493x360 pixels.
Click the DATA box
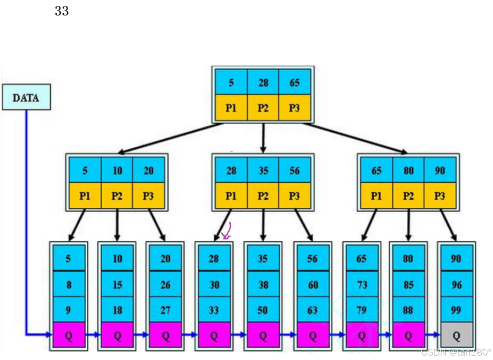click(26, 97)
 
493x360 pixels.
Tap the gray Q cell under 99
click(456, 335)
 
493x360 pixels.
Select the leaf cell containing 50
click(263, 310)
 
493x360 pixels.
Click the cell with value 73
click(361, 285)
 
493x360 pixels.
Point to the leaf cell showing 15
click(117, 285)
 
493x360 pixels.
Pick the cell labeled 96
click(456, 285)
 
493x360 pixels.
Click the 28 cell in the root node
click(263, 82)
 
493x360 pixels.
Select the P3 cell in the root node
click(294, 108)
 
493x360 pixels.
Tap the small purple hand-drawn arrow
click(227, 231)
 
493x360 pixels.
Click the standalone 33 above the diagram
click(62, 11)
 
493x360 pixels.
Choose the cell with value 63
click(312, 310)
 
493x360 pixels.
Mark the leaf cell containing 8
click(69, 285)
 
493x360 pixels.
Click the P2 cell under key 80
click(408, 196)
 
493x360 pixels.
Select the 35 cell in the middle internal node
click(263, 170)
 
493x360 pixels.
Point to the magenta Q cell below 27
click(165, 335)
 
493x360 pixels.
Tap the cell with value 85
click(408, 285)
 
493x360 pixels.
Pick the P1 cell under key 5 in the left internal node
click(85, 196)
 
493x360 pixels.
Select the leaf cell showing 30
click(214, 285)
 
